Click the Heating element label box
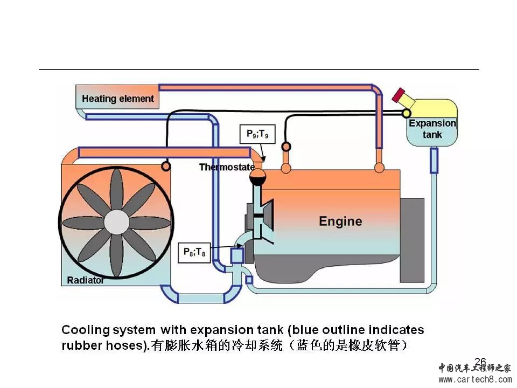click(x=117, y=99)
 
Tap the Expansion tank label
click(x=432, y=129)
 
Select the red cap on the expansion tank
click(x=399, y=95)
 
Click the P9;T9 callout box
click(x=257, y=134)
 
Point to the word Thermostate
click(x=227, y=167)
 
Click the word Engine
click(x=340, y=221)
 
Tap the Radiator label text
click(x=86, y=280)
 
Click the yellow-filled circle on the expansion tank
click(x=406, y=113)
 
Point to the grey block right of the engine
click(x=411, y=240)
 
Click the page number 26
click(x=480, y=362)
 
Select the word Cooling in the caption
click(x=83, y=330)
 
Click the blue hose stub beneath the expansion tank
click(x=434, y=160)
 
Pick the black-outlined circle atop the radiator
click(x=166, y=166)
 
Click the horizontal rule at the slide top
click(x=258, y=70)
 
